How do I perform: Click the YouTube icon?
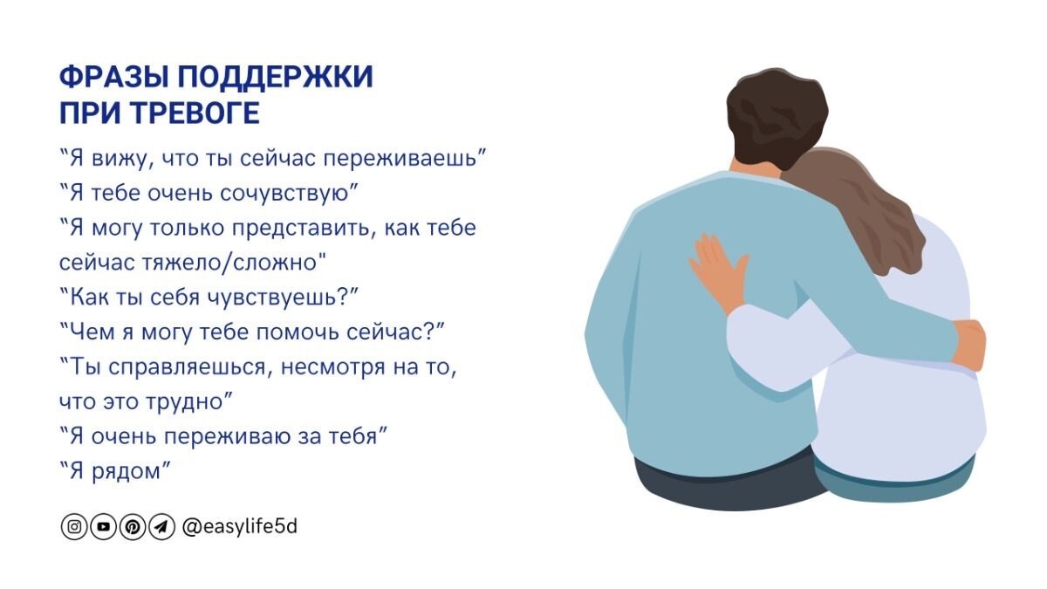click(103, 527)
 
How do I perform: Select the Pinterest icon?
click(132, 527)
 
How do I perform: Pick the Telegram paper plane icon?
click(161, 527)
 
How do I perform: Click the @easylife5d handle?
click(239, 526)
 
